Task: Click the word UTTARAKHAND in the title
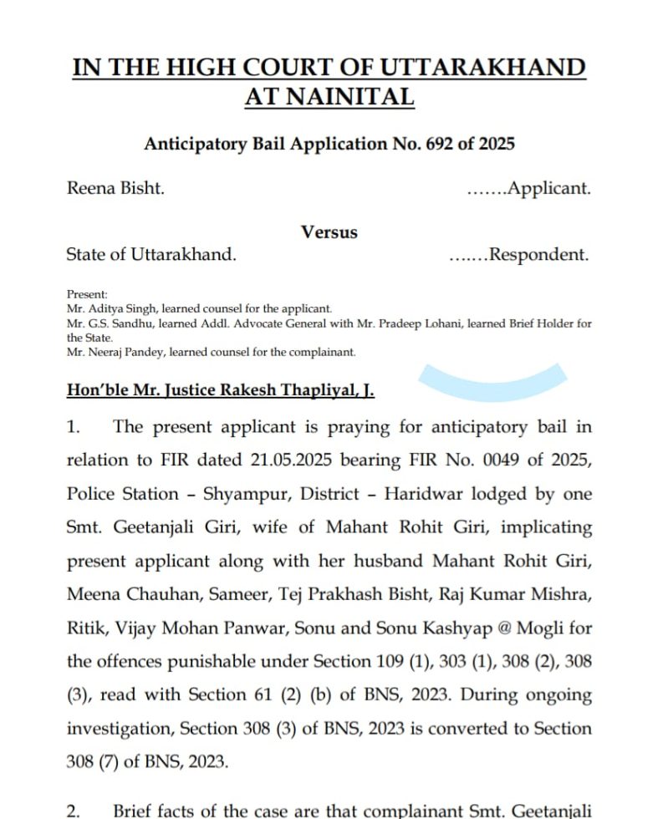(x=487, y=67)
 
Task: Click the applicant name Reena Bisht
(x=115, y=188)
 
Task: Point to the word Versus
(x=329, y=232)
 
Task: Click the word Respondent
(x=539, y=255)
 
